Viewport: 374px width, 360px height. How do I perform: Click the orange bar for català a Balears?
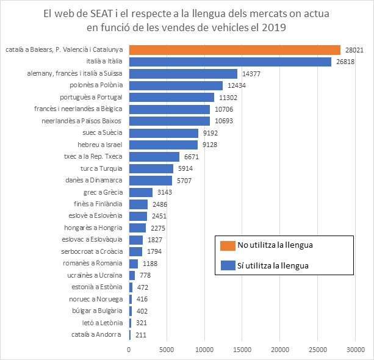[x=235, y=50]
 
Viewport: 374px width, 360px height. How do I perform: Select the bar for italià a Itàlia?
[x=230, y=62]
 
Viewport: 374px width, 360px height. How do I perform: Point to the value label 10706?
[x=224, y=109]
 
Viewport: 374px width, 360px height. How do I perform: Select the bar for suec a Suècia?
[x=164, y=132]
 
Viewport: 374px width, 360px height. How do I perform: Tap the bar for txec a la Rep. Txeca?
[x=154, y=156]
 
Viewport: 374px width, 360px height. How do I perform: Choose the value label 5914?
[x=187, y=168]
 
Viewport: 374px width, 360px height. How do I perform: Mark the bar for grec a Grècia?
[x=141, y=192]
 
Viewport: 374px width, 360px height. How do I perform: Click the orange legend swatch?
[x=226, y=246]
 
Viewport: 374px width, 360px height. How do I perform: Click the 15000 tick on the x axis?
[x=242, y=350]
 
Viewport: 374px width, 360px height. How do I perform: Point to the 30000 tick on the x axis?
[x=356, y=350]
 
